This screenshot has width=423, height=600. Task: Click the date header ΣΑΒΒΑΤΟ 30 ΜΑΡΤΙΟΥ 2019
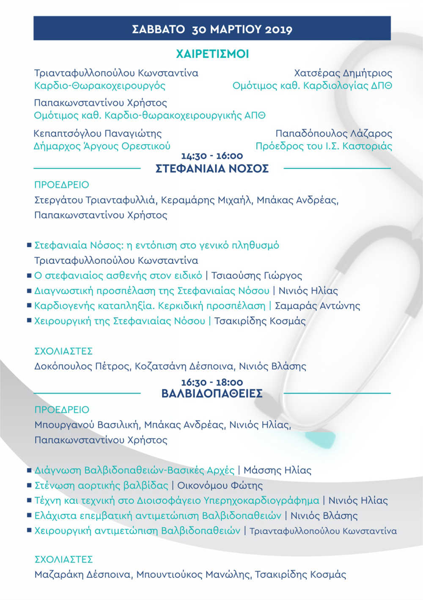212,29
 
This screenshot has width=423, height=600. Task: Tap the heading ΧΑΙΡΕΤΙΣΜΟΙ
212,54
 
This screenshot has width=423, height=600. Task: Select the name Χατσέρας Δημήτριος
343,73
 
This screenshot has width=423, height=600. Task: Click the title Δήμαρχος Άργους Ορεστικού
102,146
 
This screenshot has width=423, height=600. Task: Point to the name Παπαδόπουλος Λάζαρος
334,133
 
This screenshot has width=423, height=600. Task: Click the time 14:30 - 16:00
212,156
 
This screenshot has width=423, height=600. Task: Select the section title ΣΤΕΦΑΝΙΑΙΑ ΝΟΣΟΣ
212,169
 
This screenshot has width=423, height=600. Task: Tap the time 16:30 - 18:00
212,382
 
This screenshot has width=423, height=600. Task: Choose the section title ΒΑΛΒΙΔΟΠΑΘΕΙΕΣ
212,394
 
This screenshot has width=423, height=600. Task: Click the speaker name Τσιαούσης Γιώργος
257,276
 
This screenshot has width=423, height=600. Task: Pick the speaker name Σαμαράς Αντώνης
318,306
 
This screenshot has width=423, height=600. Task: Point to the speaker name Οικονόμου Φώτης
220,485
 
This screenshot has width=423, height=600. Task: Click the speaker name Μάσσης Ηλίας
277,470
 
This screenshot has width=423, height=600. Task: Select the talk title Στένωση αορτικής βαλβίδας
101,485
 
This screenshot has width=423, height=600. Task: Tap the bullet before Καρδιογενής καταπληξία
29,305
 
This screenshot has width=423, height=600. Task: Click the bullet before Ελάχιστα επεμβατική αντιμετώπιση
29,515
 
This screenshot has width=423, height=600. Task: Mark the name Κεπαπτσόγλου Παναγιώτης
98,133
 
